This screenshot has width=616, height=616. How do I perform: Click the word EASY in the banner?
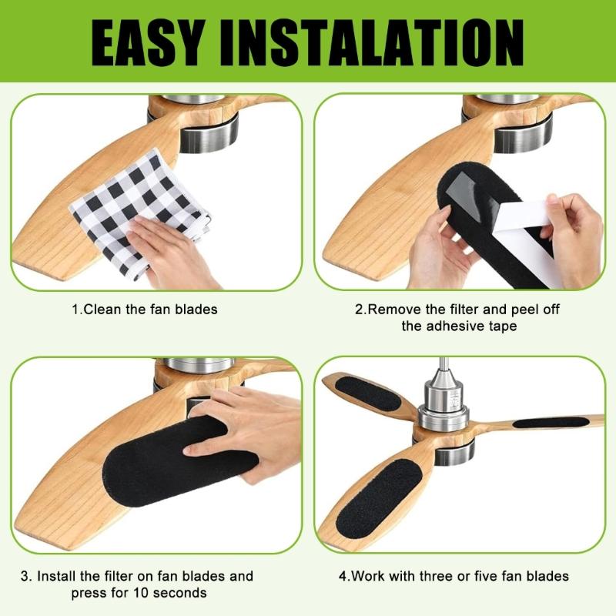click(x=148, y=42)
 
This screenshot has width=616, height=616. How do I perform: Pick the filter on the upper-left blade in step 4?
click(x=368, y=393)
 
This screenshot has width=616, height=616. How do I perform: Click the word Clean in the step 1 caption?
click(x=102, y=310)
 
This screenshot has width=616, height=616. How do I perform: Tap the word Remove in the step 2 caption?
click(x=394, y=310)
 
